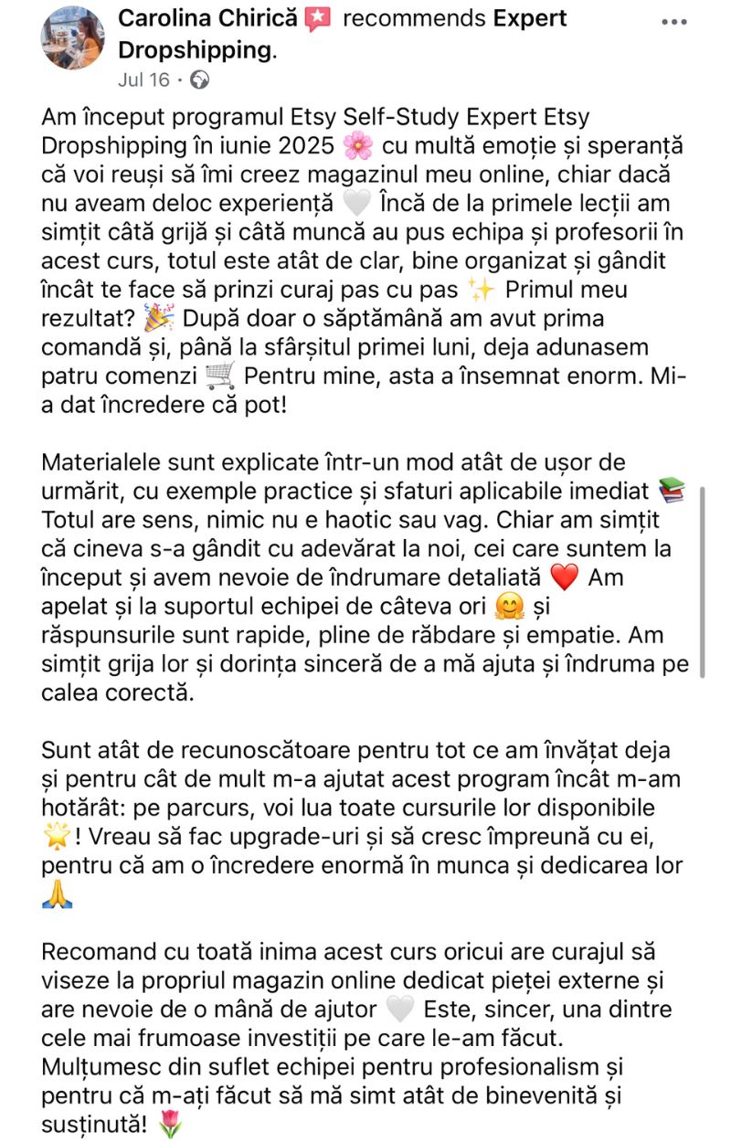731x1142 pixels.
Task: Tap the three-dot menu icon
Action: (x=673, y=21)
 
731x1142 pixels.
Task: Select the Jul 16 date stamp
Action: (x=143, y=79)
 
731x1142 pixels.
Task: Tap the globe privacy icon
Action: (x=199, y=79)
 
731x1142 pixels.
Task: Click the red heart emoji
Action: (x=566, y=577)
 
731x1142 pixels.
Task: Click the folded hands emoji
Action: (x=56, y=894)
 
